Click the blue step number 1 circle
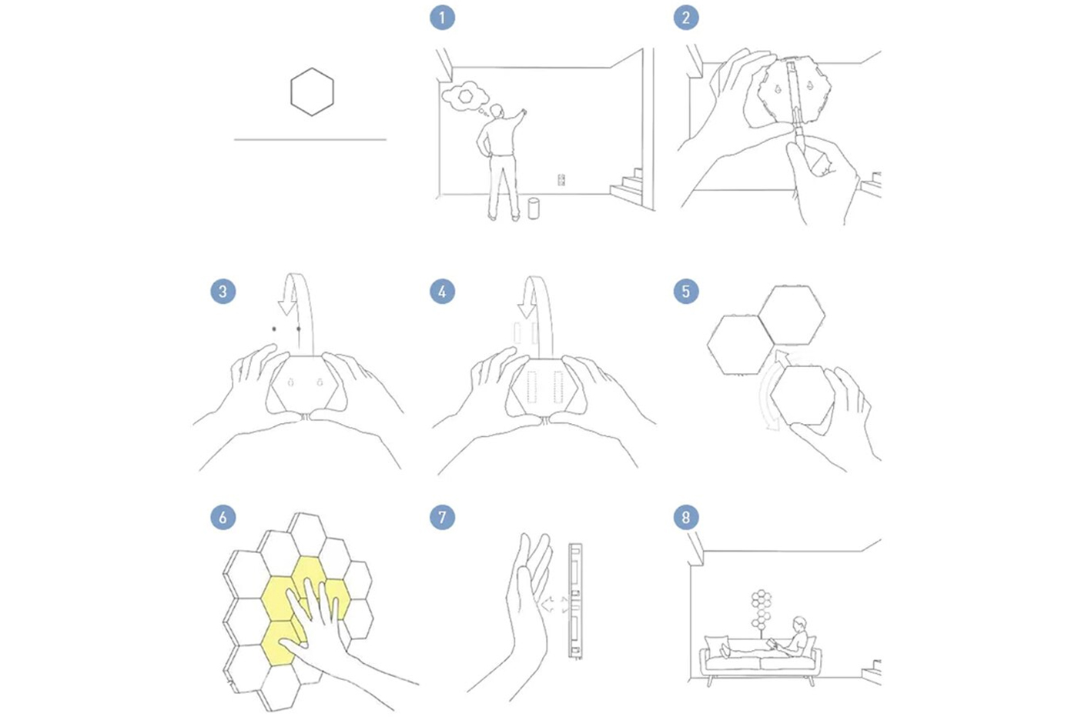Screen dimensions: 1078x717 point(442,18)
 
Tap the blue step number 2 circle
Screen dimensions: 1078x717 point(686,18)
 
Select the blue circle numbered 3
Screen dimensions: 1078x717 point(223,291)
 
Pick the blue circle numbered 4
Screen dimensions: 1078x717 point(442,291)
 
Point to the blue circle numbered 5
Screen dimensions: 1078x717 point(686,291)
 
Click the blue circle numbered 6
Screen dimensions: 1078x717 point(223,517)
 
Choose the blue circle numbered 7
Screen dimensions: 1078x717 point(442,517)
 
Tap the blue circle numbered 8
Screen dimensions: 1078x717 point(686,517)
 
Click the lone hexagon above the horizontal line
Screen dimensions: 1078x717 point(312,68)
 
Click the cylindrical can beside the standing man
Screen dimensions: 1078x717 point(533,208)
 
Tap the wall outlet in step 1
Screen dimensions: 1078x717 point(561,180)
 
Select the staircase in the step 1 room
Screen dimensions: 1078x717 point(626,185)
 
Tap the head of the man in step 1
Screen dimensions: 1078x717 point(497,111)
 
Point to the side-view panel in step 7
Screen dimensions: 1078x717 point(575,601)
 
